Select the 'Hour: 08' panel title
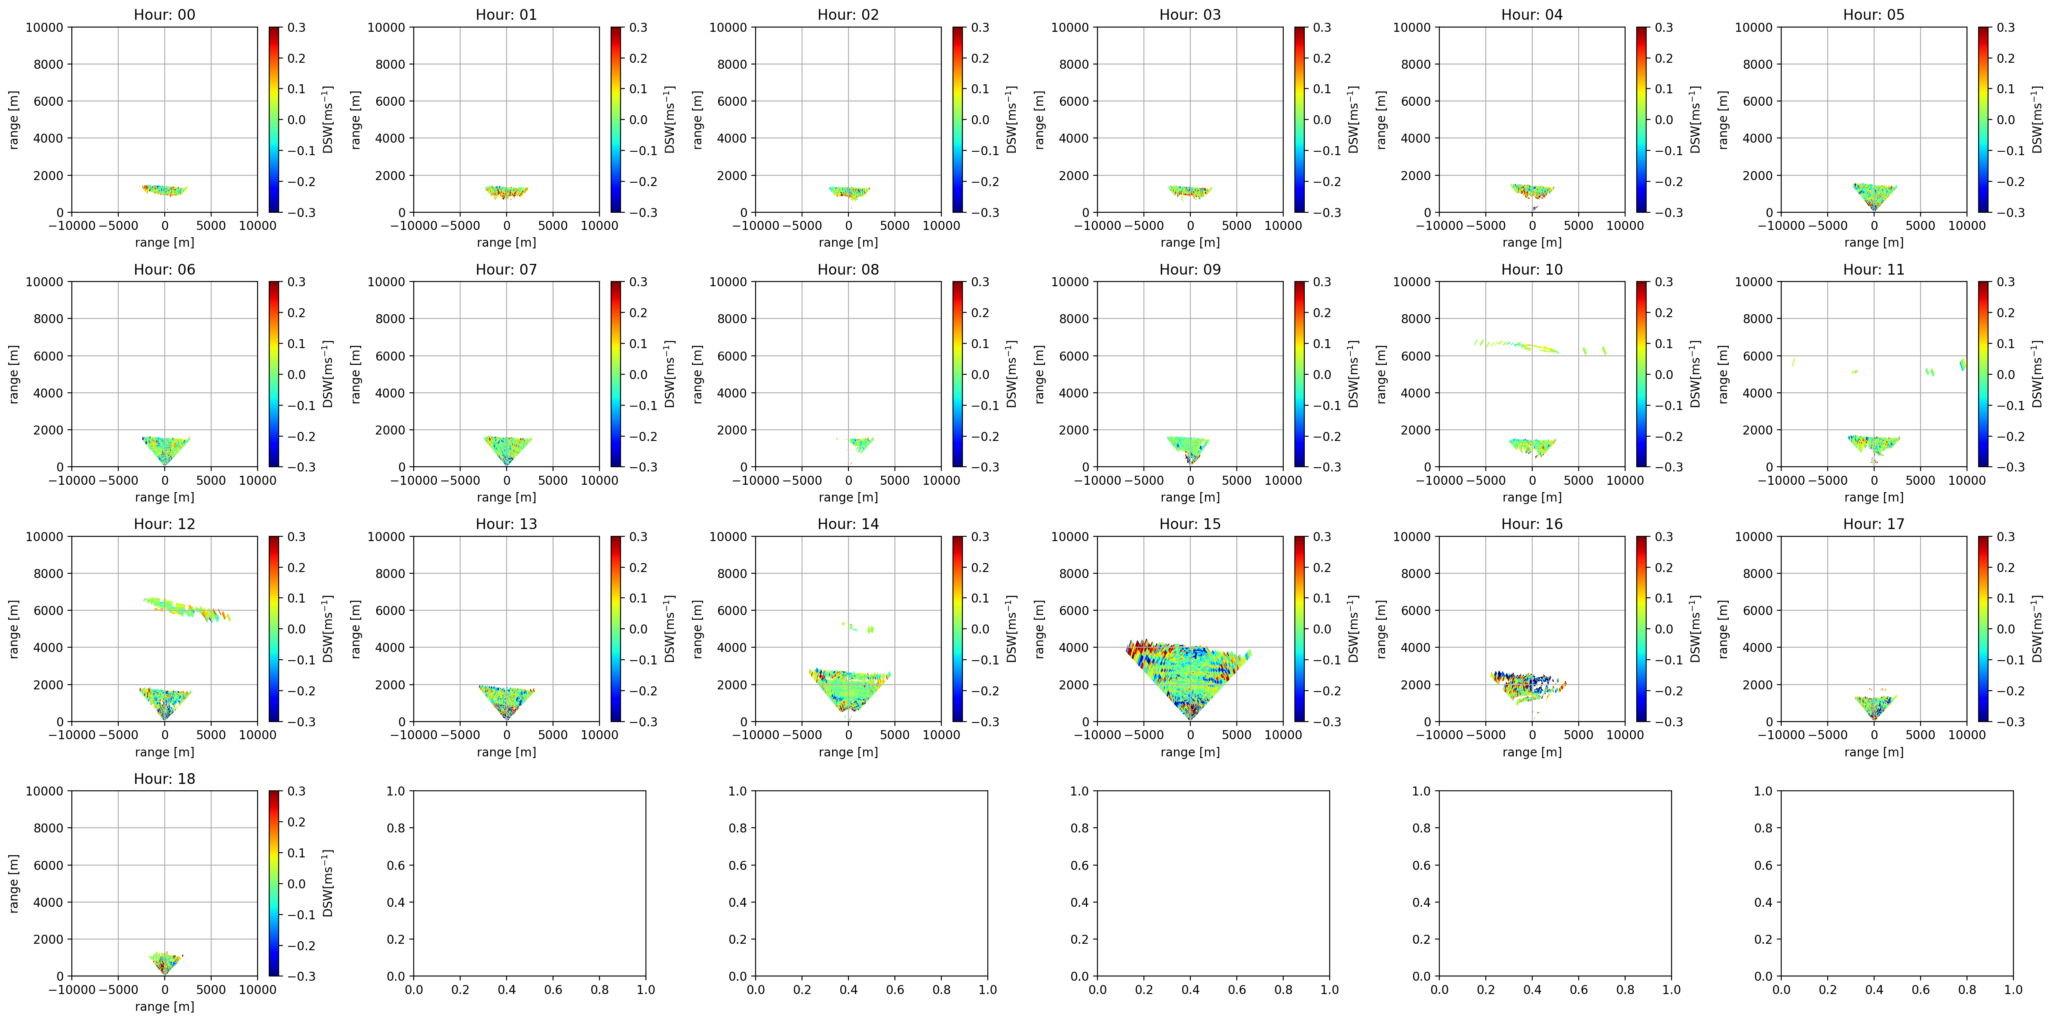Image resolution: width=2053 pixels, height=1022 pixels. [848, 269]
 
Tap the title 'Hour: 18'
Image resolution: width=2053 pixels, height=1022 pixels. [164, 778]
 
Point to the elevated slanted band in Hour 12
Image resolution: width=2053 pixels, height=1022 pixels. [188, 609]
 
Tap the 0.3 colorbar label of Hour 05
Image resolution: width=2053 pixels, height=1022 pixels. [2005, 27]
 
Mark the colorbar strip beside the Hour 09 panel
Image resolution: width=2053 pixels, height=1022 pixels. [1299, 374]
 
